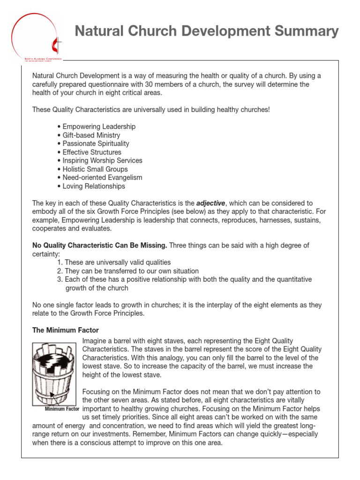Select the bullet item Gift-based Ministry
(x=91, y=135)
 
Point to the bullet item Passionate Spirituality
(x=96, y=143)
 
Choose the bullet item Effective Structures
(x=91, y=152)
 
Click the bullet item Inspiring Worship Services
(x=102, y=160)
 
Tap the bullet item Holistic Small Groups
(x=95, y=169)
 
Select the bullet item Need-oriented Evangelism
(x=102, y=178)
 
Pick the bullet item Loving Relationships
(x=94, y=186)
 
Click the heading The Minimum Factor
(x=65, y=330)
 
